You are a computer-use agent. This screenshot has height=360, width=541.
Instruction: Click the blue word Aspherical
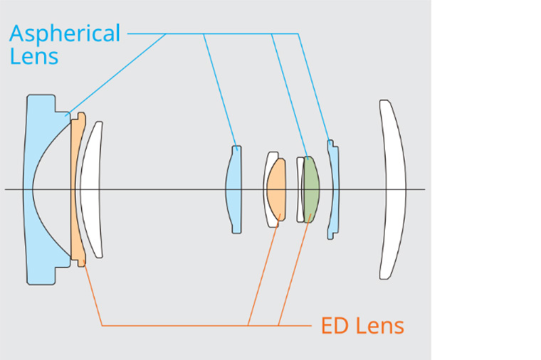click(65, 33)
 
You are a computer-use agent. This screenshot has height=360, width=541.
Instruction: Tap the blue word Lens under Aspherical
click(33, 56)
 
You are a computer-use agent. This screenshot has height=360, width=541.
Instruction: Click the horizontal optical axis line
click(178, 189)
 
